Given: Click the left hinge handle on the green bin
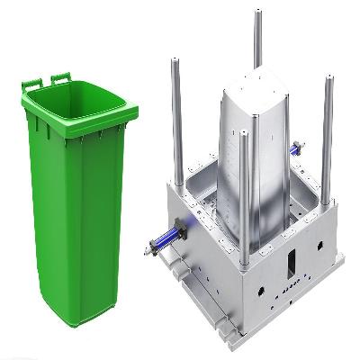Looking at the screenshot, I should pyautogui.click(x=31, y=84).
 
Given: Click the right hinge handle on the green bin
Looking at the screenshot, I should pyautogui.click(x=60, y=78).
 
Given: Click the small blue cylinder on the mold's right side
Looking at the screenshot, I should pyautogui.click(x=295, y=145).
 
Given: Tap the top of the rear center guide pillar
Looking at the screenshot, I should pyautogui.click(x=257, y=13).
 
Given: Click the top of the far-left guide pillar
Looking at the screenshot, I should pyautogui.click(x=173, y=63).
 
